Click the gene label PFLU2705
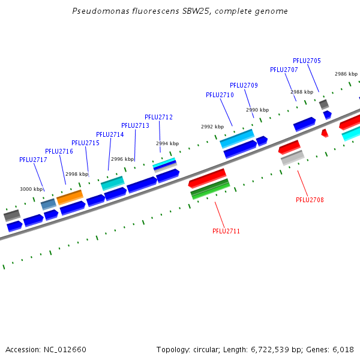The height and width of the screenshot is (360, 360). point(307,61)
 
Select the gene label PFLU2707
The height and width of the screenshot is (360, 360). point(284,70)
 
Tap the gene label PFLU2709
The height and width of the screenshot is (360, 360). point(244,85)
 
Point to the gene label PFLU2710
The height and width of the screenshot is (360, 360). point(220,95)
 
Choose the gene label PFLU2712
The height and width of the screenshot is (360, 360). point(158,117)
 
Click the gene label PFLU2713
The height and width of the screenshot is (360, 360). point(135,125)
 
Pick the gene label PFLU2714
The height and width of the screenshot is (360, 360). point(110,134)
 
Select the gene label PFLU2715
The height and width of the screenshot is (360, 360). point(85,143)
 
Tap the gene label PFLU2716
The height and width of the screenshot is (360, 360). point(59,151)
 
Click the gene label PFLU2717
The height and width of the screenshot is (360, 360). point(33,160)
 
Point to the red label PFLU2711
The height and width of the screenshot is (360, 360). point(226,231)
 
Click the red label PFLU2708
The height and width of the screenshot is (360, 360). point(310,200)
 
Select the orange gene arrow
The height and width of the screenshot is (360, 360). point(70,196)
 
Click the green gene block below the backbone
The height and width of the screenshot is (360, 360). point(210,188)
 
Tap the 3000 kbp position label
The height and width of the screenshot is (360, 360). point(31,189)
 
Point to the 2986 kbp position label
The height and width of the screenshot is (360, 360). point(346,74)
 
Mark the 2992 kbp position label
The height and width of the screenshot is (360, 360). point(212,127)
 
